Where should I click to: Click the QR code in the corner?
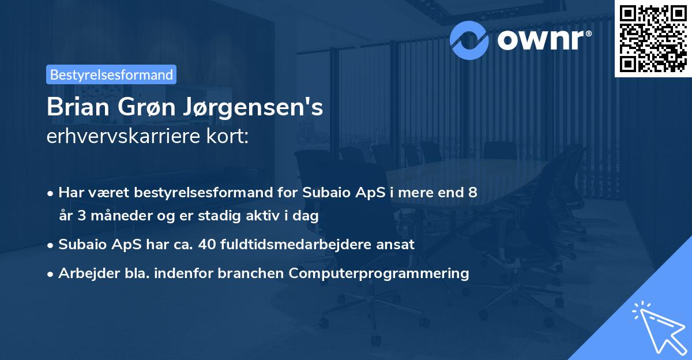tap(653, 39)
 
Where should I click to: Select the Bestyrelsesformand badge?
tap(111, 74)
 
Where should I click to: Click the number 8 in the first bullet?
tap(473, 193)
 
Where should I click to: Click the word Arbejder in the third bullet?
tap(84, 273)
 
